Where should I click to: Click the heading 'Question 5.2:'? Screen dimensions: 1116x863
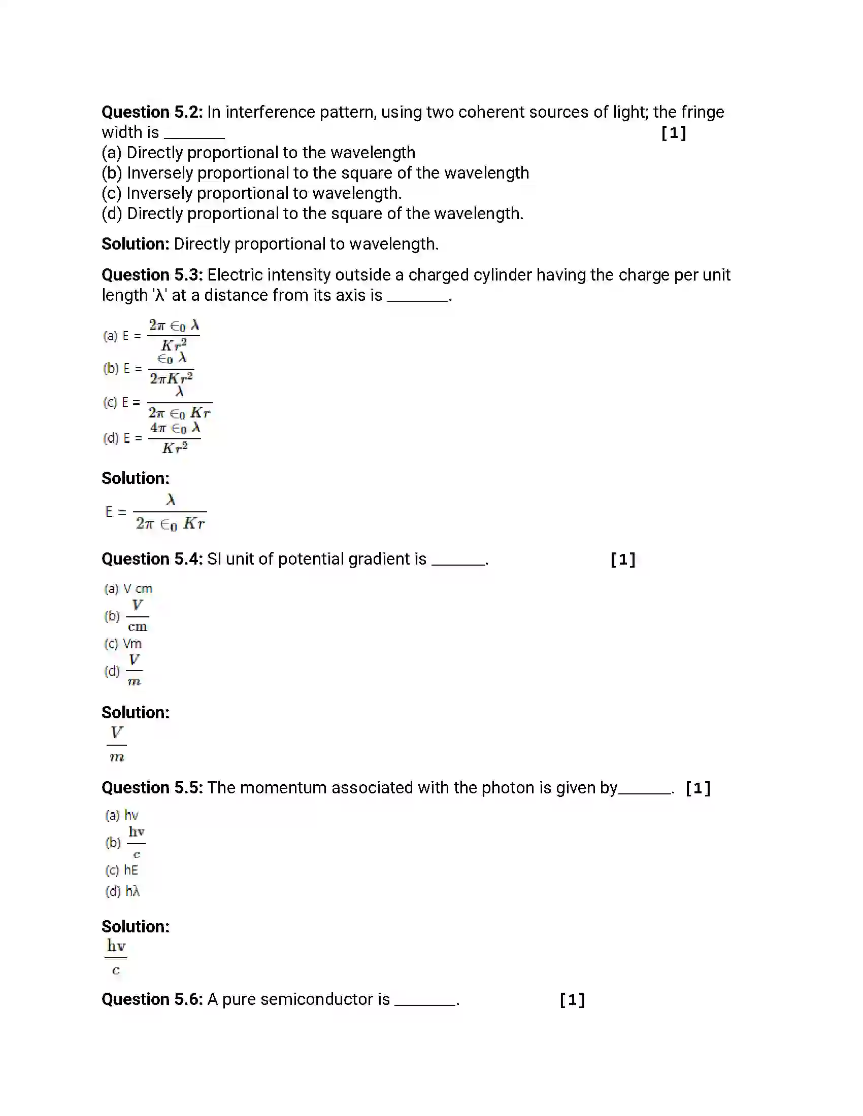(152, 112)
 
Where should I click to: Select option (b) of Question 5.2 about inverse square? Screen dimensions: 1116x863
(315, 173)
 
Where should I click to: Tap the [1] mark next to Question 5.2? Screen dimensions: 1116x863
(673, 133)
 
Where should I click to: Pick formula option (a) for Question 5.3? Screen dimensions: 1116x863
(152, 335)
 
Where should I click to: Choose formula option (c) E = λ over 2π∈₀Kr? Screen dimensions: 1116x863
(157, 403)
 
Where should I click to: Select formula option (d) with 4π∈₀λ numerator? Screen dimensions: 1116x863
(152, 438)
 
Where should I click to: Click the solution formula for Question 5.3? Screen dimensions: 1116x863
(155, 512)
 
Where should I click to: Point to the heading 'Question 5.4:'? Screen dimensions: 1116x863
(152, 559)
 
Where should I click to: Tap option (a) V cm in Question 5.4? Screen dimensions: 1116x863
(128, 588)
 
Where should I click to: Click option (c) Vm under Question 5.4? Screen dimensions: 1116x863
(123, 644)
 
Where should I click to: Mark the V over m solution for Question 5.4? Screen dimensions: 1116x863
(117, 745)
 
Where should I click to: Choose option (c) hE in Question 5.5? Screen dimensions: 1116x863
(122, 870)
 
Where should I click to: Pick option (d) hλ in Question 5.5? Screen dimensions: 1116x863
(123, 891)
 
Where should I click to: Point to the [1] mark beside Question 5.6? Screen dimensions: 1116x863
(572, 1000)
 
